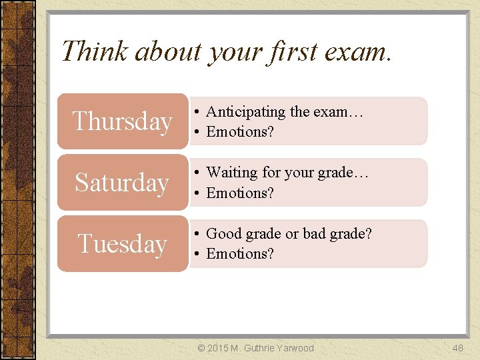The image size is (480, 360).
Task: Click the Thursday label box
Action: click(x=123, y=121)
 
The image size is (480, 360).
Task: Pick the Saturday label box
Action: click(x=123, y=182)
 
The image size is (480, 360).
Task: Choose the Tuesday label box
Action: click(x=123, y=243)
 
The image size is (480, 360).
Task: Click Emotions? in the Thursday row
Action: click(x=240, y=132)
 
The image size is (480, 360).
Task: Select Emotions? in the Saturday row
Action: click(x=240, y=193)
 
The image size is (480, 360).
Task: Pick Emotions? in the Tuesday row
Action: click(x=240, y=254)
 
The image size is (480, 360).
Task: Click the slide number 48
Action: click(x=457, y=348)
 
